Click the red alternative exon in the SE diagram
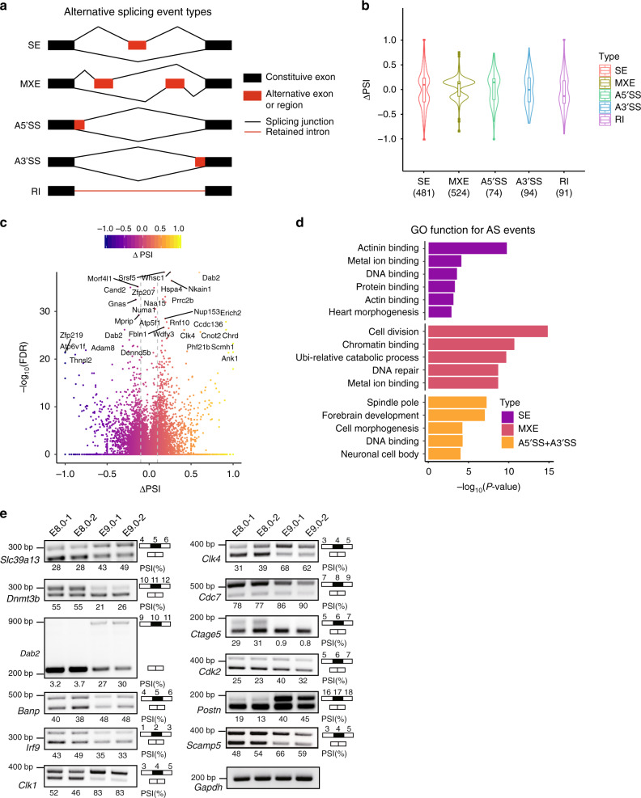(x=138, y=45)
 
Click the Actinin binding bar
(x=467, y=248)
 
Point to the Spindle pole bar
(x=456, y=402)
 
